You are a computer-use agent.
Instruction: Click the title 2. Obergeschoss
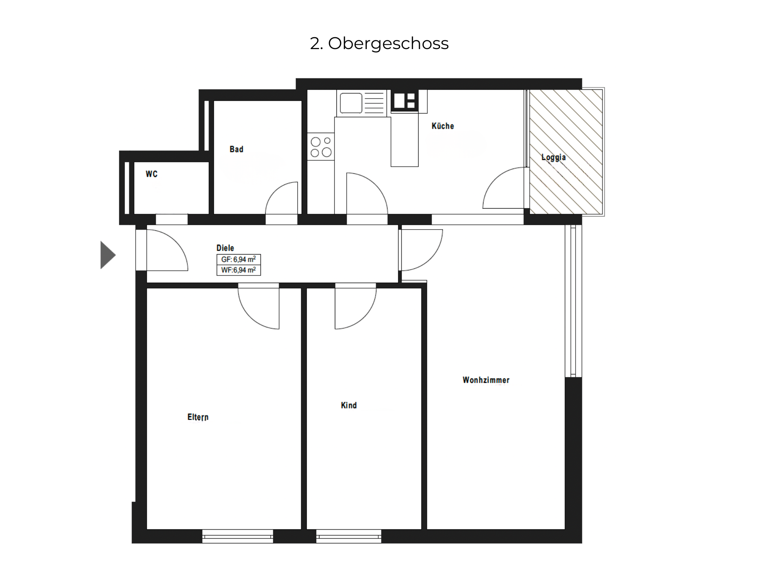(379, 43)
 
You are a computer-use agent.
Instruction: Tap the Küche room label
(443, 126)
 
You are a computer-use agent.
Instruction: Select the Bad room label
(236, 149)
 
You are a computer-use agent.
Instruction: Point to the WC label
(151, 174)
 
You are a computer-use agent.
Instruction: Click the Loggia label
(553, 158)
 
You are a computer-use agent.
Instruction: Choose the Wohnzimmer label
(486, 380)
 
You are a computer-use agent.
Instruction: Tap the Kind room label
(349, 405)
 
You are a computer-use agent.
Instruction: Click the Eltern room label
(198, 417)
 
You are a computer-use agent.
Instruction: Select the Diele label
(225, 248)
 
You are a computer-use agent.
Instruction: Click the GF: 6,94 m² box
(238, 260)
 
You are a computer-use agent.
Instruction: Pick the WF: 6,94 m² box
(238, 270)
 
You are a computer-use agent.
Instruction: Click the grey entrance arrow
(108, 255)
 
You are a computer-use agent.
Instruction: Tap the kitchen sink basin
(351, 103)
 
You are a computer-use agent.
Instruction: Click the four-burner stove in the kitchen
(321, 147)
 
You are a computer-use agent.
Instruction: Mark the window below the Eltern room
(238, 537)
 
